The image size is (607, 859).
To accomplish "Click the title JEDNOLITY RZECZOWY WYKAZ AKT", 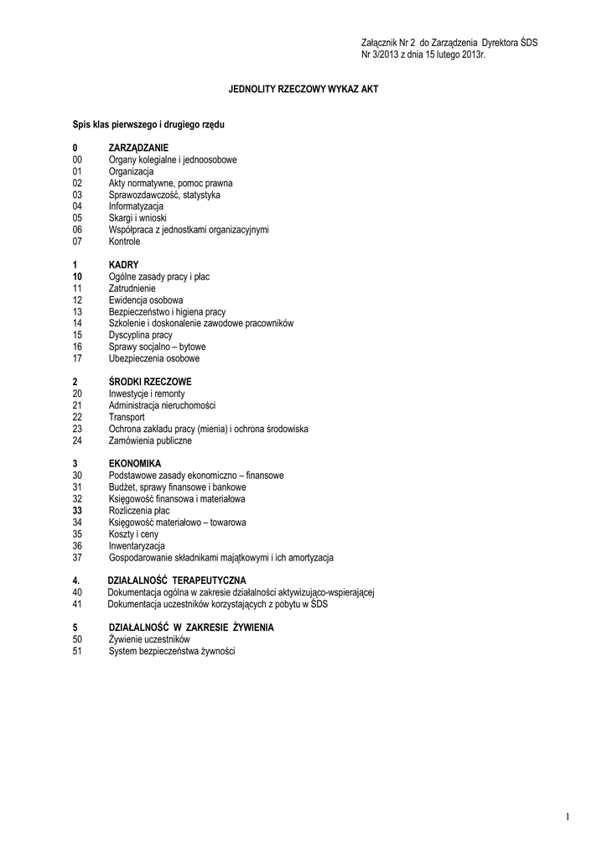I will click(x=303, y=88).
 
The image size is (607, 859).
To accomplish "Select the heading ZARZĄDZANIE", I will click(x=138, y=148).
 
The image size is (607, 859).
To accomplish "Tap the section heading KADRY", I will click(x=123, y=264).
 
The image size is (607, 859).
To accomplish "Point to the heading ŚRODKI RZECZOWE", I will click(x=150, y=382).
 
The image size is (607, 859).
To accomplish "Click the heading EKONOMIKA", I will click(x=134, y=463).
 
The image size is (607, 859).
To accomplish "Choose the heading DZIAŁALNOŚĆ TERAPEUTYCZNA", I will click(x=177, y=580).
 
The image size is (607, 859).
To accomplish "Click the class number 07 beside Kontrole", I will click(x=77, y=242).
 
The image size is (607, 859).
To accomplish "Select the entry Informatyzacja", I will click(x=136, y=206).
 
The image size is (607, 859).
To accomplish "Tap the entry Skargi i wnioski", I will click(x=137, y=218).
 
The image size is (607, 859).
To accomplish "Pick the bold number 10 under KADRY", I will click(x=77, y=276).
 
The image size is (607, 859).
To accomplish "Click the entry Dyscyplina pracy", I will click(x=140, y=335).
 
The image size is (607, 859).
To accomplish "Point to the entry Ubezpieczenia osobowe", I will click(x=154, y=358).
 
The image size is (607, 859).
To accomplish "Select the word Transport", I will click(x=127, y=417).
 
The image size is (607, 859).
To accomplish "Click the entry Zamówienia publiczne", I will click(x=150, y=440).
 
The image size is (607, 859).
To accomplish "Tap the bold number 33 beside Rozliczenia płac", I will click(x=77, y=510).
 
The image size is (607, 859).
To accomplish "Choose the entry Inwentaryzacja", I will click(x=137, y=545).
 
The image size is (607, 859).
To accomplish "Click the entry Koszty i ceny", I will click(x=133, y=534).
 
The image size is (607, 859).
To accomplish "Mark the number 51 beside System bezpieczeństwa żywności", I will click(x=77, y=651).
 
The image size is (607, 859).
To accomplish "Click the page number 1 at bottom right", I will click(x=568, y=817).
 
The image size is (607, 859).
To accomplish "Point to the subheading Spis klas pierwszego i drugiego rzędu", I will click(x=148, y=124).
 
